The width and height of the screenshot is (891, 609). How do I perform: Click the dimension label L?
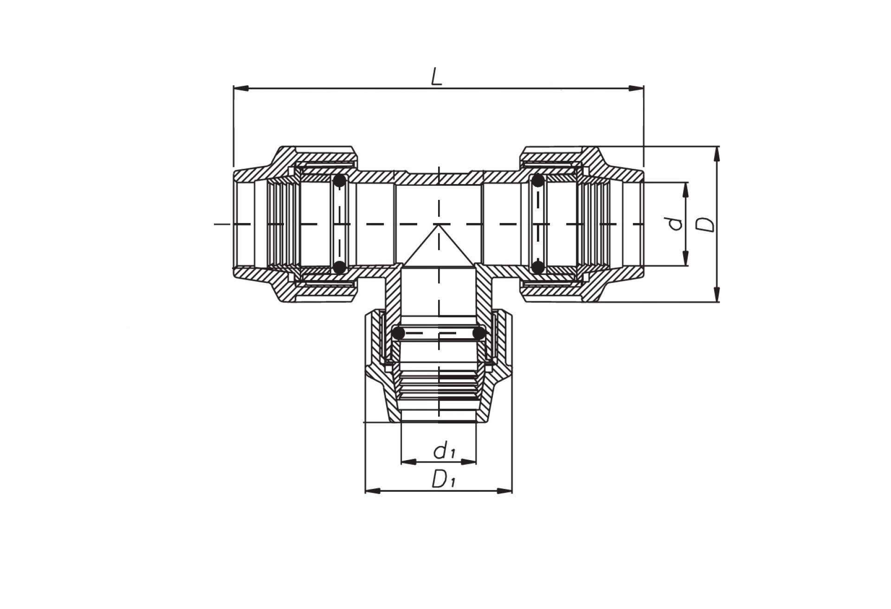[437, 77]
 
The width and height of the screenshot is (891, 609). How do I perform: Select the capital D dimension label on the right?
[707, 224]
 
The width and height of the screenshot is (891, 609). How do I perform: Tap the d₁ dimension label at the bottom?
[444, 450]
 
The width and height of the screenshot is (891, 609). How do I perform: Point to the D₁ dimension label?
[443, 479]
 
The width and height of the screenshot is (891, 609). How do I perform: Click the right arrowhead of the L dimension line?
[636, 88]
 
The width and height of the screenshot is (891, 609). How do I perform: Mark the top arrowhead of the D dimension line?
[717, 154]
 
